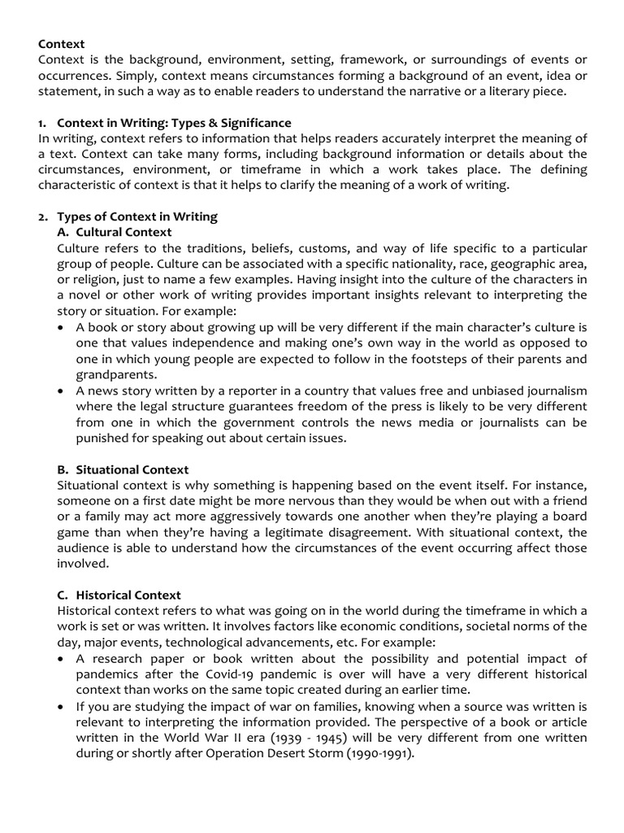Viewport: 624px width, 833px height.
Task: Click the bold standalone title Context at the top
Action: (x=62, y=44)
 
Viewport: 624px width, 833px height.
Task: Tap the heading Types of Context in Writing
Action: (x=136, y=217)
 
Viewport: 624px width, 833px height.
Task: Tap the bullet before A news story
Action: (x=64, y=391)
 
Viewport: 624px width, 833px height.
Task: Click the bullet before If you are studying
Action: (x=64, y=706)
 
